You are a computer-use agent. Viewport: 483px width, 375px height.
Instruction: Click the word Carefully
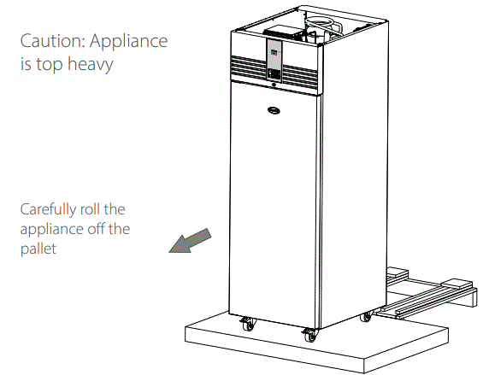click(49, 209)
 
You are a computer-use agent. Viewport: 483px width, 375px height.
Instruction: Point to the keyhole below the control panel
click(274, 85)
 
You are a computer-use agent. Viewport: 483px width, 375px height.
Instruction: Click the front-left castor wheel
click(249, 323)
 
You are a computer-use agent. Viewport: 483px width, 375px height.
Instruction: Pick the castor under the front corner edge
click(310, 335)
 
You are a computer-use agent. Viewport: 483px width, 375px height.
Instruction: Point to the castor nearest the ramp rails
click(367, 316)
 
